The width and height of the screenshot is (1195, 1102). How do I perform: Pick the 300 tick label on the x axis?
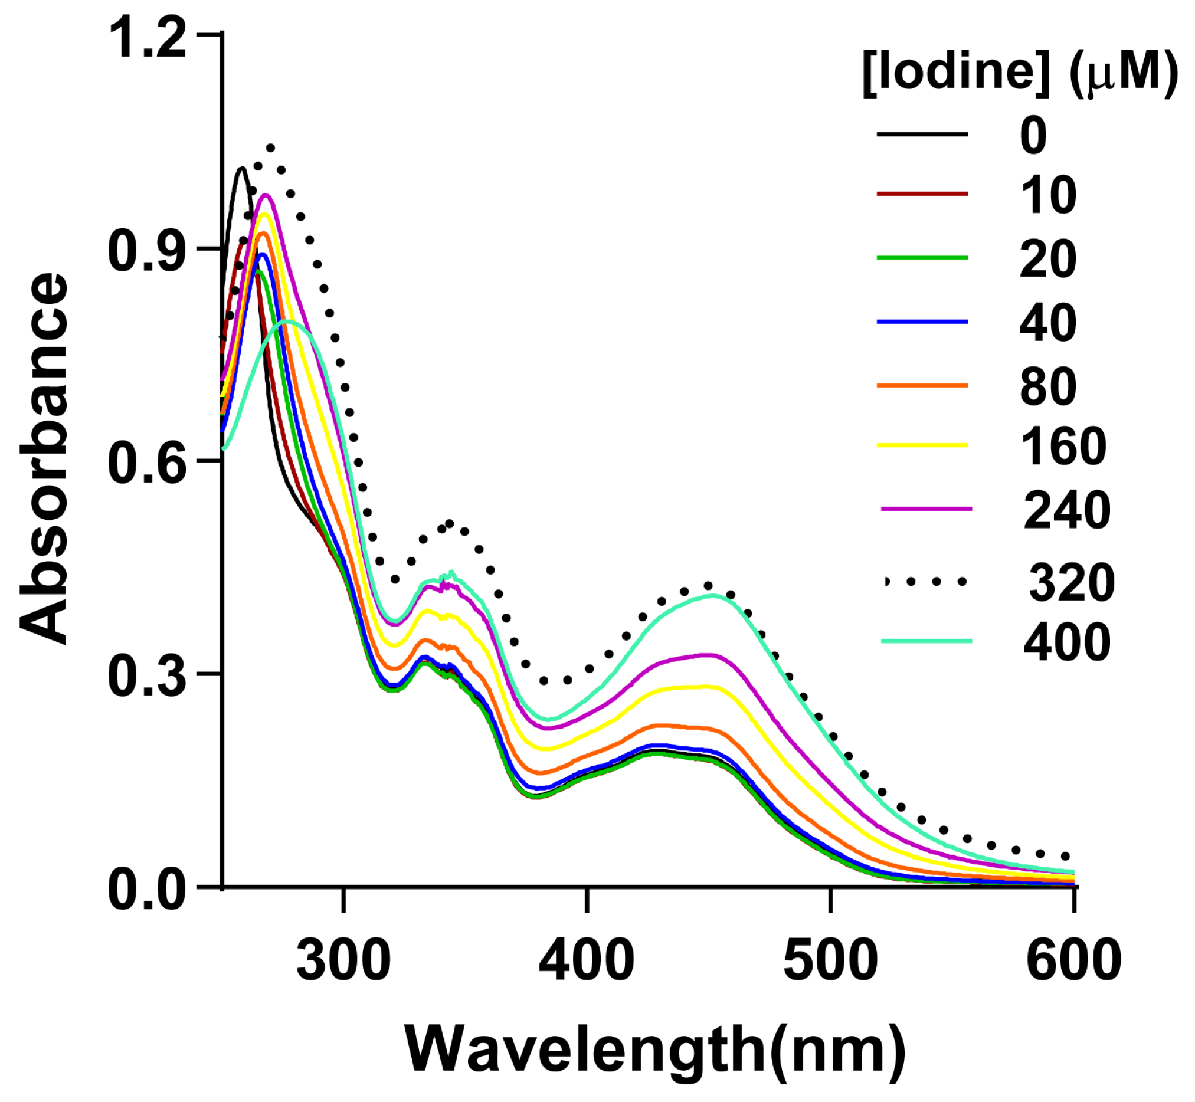[x=343, y=961]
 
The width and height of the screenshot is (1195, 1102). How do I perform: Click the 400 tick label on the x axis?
[x=587, y=961]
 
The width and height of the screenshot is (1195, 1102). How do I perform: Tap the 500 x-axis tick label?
[x=830, y=961]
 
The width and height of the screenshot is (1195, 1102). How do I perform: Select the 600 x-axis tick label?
[x=1073, y=961]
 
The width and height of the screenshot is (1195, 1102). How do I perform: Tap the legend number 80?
[x=1048, y=387]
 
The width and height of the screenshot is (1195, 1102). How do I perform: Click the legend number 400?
[x=1067, y=643]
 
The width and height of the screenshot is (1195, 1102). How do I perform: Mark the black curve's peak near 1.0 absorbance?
[x=241, y=169]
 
